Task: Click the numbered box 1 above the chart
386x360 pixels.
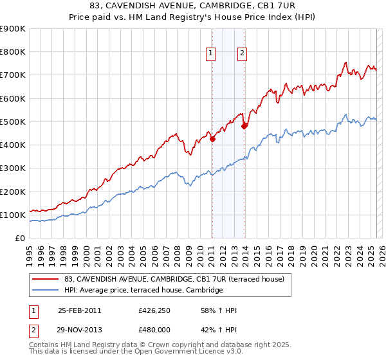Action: click(212, 53)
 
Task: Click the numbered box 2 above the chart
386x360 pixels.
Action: click(242, 53)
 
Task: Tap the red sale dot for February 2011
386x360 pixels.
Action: click(212, 138)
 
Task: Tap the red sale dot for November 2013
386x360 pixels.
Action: click(244, 126)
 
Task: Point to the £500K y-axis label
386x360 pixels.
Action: click(12, 122)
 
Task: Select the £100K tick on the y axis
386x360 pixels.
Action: click(12, 215)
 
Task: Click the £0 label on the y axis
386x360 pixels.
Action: click(19, 238)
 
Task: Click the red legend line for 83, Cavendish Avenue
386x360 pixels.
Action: click(45, 279)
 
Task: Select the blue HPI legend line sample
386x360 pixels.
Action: click(45, 291)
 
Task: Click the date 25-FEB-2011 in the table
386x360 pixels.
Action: click(80, 310)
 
